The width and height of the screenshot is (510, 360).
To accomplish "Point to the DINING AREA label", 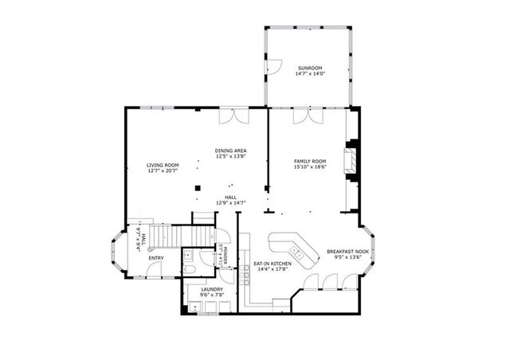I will [230, 150].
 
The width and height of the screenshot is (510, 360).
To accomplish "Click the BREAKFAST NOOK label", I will [346, 252].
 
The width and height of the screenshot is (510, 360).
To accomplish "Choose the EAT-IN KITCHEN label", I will [273, 264].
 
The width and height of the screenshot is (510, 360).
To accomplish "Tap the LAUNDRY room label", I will [211, 290].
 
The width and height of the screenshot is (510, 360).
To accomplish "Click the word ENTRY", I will [156, 257].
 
